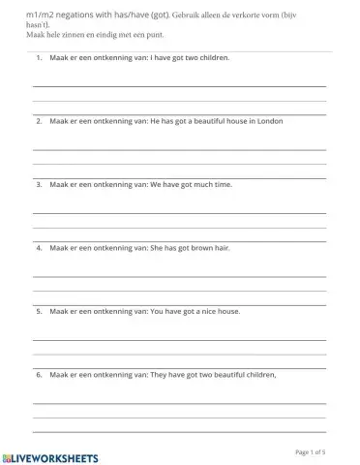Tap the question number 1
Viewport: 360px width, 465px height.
(x=38, y=58)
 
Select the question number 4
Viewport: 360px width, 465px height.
(x=38, y=248)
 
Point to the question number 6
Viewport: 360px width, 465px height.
(x=38, y=374)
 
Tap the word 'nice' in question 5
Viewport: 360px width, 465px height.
(x=202, y=311)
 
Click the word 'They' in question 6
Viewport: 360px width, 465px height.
(x=159, y=374)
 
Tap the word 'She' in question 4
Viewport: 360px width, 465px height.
(x=157, y=248)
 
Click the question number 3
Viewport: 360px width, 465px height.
(x=38, y=184)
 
